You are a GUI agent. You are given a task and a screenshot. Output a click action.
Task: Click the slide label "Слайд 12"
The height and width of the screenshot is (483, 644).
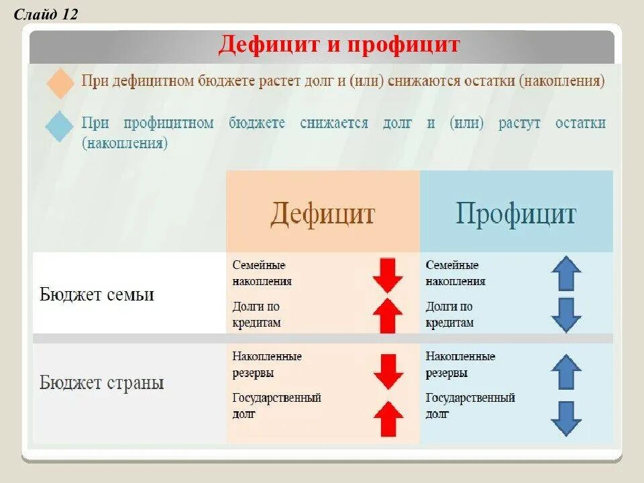point(46,14)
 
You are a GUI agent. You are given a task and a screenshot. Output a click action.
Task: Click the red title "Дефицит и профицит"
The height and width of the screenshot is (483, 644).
point(339,45)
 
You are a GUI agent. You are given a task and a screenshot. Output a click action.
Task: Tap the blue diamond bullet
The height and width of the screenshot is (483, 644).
point(60,126)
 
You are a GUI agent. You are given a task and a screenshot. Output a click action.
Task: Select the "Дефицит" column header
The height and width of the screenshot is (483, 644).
point(323,214)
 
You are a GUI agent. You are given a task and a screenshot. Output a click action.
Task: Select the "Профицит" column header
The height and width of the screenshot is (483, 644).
point(516,214)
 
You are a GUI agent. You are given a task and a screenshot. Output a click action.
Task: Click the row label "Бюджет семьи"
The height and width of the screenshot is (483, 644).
point(97,294)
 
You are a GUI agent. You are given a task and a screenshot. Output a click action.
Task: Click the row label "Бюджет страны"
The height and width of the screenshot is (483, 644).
point(101,383)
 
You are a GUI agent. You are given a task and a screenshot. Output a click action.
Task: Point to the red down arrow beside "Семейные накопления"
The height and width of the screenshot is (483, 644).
point(387,274)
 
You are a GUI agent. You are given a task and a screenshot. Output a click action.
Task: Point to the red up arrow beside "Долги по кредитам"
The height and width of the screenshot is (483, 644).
point(387,316)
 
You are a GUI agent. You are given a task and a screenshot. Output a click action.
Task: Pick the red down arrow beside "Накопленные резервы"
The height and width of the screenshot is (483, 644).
point(387,372)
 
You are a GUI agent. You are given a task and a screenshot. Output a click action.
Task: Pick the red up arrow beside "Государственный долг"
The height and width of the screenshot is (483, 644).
point(387,419)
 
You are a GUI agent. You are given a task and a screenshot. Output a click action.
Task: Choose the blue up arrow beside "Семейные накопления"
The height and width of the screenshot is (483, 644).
point(566,273)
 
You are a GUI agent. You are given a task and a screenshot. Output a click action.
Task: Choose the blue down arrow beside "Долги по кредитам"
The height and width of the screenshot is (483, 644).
point(566,315)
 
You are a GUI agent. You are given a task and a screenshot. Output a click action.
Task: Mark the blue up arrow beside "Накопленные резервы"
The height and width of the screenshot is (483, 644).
point(566,372)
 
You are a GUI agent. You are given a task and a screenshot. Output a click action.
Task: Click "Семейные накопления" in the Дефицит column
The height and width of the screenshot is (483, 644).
point(262,273)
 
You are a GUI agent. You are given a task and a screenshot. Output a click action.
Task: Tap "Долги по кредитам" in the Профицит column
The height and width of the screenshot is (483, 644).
point(449,315)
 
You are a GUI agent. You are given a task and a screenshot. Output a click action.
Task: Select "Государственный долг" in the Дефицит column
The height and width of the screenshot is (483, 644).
point(276,406)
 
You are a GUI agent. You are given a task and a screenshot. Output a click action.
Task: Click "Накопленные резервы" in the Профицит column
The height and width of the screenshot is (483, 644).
point(460,364)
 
